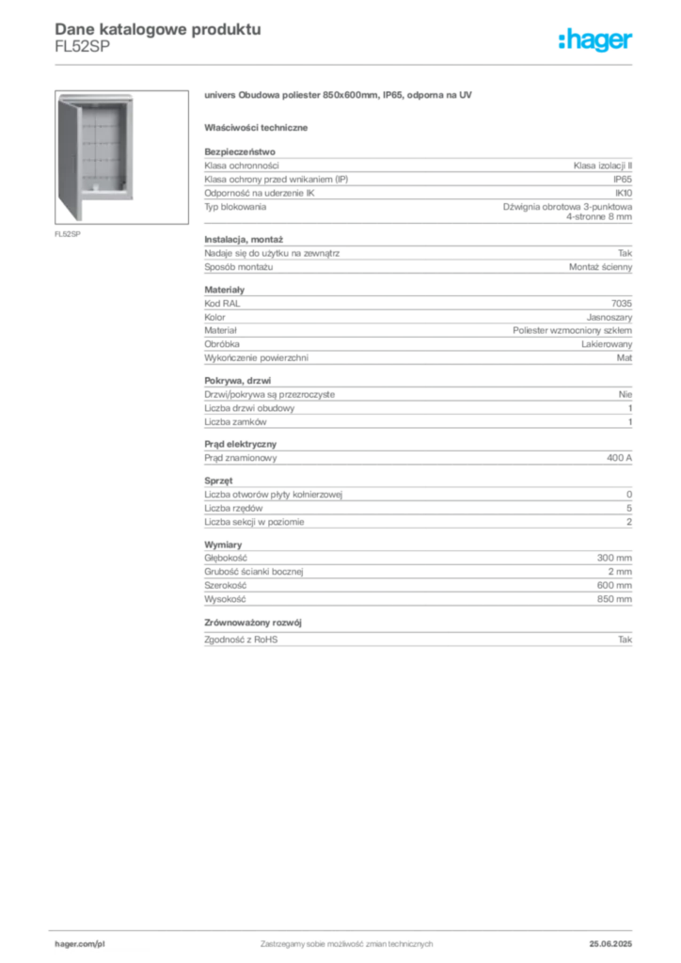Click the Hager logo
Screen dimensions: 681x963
594,39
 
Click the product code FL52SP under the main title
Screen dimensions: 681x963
82,47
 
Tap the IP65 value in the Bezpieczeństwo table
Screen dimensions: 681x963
622,180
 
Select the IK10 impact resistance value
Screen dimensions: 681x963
624,193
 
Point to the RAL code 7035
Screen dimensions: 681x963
622,304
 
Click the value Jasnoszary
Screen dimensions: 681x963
610,318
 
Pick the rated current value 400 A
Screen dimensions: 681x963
619,458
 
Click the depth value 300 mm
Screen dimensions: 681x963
614,558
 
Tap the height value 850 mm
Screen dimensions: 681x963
614,599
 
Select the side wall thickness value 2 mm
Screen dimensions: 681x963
620,571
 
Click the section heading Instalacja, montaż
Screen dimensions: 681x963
244,240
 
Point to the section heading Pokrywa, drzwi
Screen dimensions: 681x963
238,381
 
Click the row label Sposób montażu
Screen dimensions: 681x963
238,267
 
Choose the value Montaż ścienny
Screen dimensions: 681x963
600,267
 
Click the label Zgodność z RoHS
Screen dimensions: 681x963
241,639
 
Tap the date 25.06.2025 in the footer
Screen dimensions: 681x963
610,944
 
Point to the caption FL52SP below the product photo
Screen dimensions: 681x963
68,234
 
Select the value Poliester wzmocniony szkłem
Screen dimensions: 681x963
572,330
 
